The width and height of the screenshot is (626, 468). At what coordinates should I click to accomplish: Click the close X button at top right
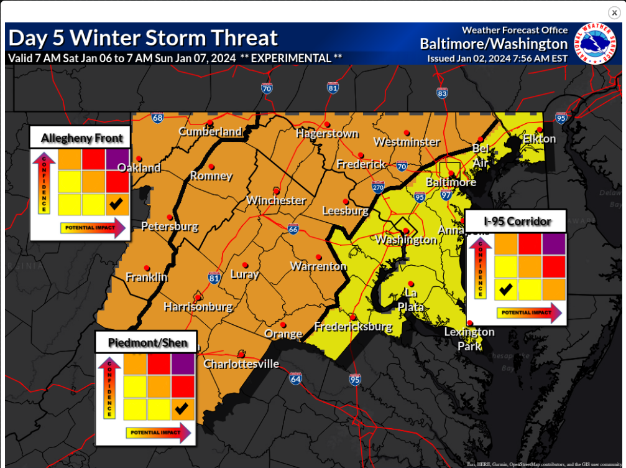pos(614,12)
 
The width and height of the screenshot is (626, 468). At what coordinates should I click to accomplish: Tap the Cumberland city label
pos(210,131)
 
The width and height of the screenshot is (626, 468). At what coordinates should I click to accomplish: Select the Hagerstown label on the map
pos(327,133)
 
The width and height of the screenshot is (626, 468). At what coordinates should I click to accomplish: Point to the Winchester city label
pos(276,200)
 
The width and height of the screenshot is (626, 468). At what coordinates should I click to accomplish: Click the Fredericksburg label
pos(353,327)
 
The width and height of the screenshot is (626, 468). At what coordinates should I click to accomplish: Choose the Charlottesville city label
pos(242,364)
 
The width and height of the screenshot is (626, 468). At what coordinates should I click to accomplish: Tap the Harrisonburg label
pos(198,307)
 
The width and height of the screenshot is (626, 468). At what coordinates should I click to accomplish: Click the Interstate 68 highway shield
pos(157,117)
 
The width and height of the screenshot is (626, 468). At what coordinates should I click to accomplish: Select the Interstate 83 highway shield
pos(442,93)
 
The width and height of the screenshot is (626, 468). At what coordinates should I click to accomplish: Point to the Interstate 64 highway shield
pos(295,378)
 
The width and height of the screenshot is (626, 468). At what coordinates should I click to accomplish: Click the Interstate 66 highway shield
pos(293,229)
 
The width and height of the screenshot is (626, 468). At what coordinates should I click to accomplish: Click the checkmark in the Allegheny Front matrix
pos(116,203)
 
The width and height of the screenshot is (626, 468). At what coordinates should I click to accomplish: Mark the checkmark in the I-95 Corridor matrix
pos(507,289)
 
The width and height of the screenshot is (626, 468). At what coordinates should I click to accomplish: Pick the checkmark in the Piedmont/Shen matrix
pos(182,409)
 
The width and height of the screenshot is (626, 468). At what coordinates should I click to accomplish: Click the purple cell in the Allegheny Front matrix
pos(117,159)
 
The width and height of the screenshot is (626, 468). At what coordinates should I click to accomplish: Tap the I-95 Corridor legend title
pos(517,221)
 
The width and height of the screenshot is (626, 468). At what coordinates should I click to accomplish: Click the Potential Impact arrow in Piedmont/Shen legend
pos(158,433)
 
